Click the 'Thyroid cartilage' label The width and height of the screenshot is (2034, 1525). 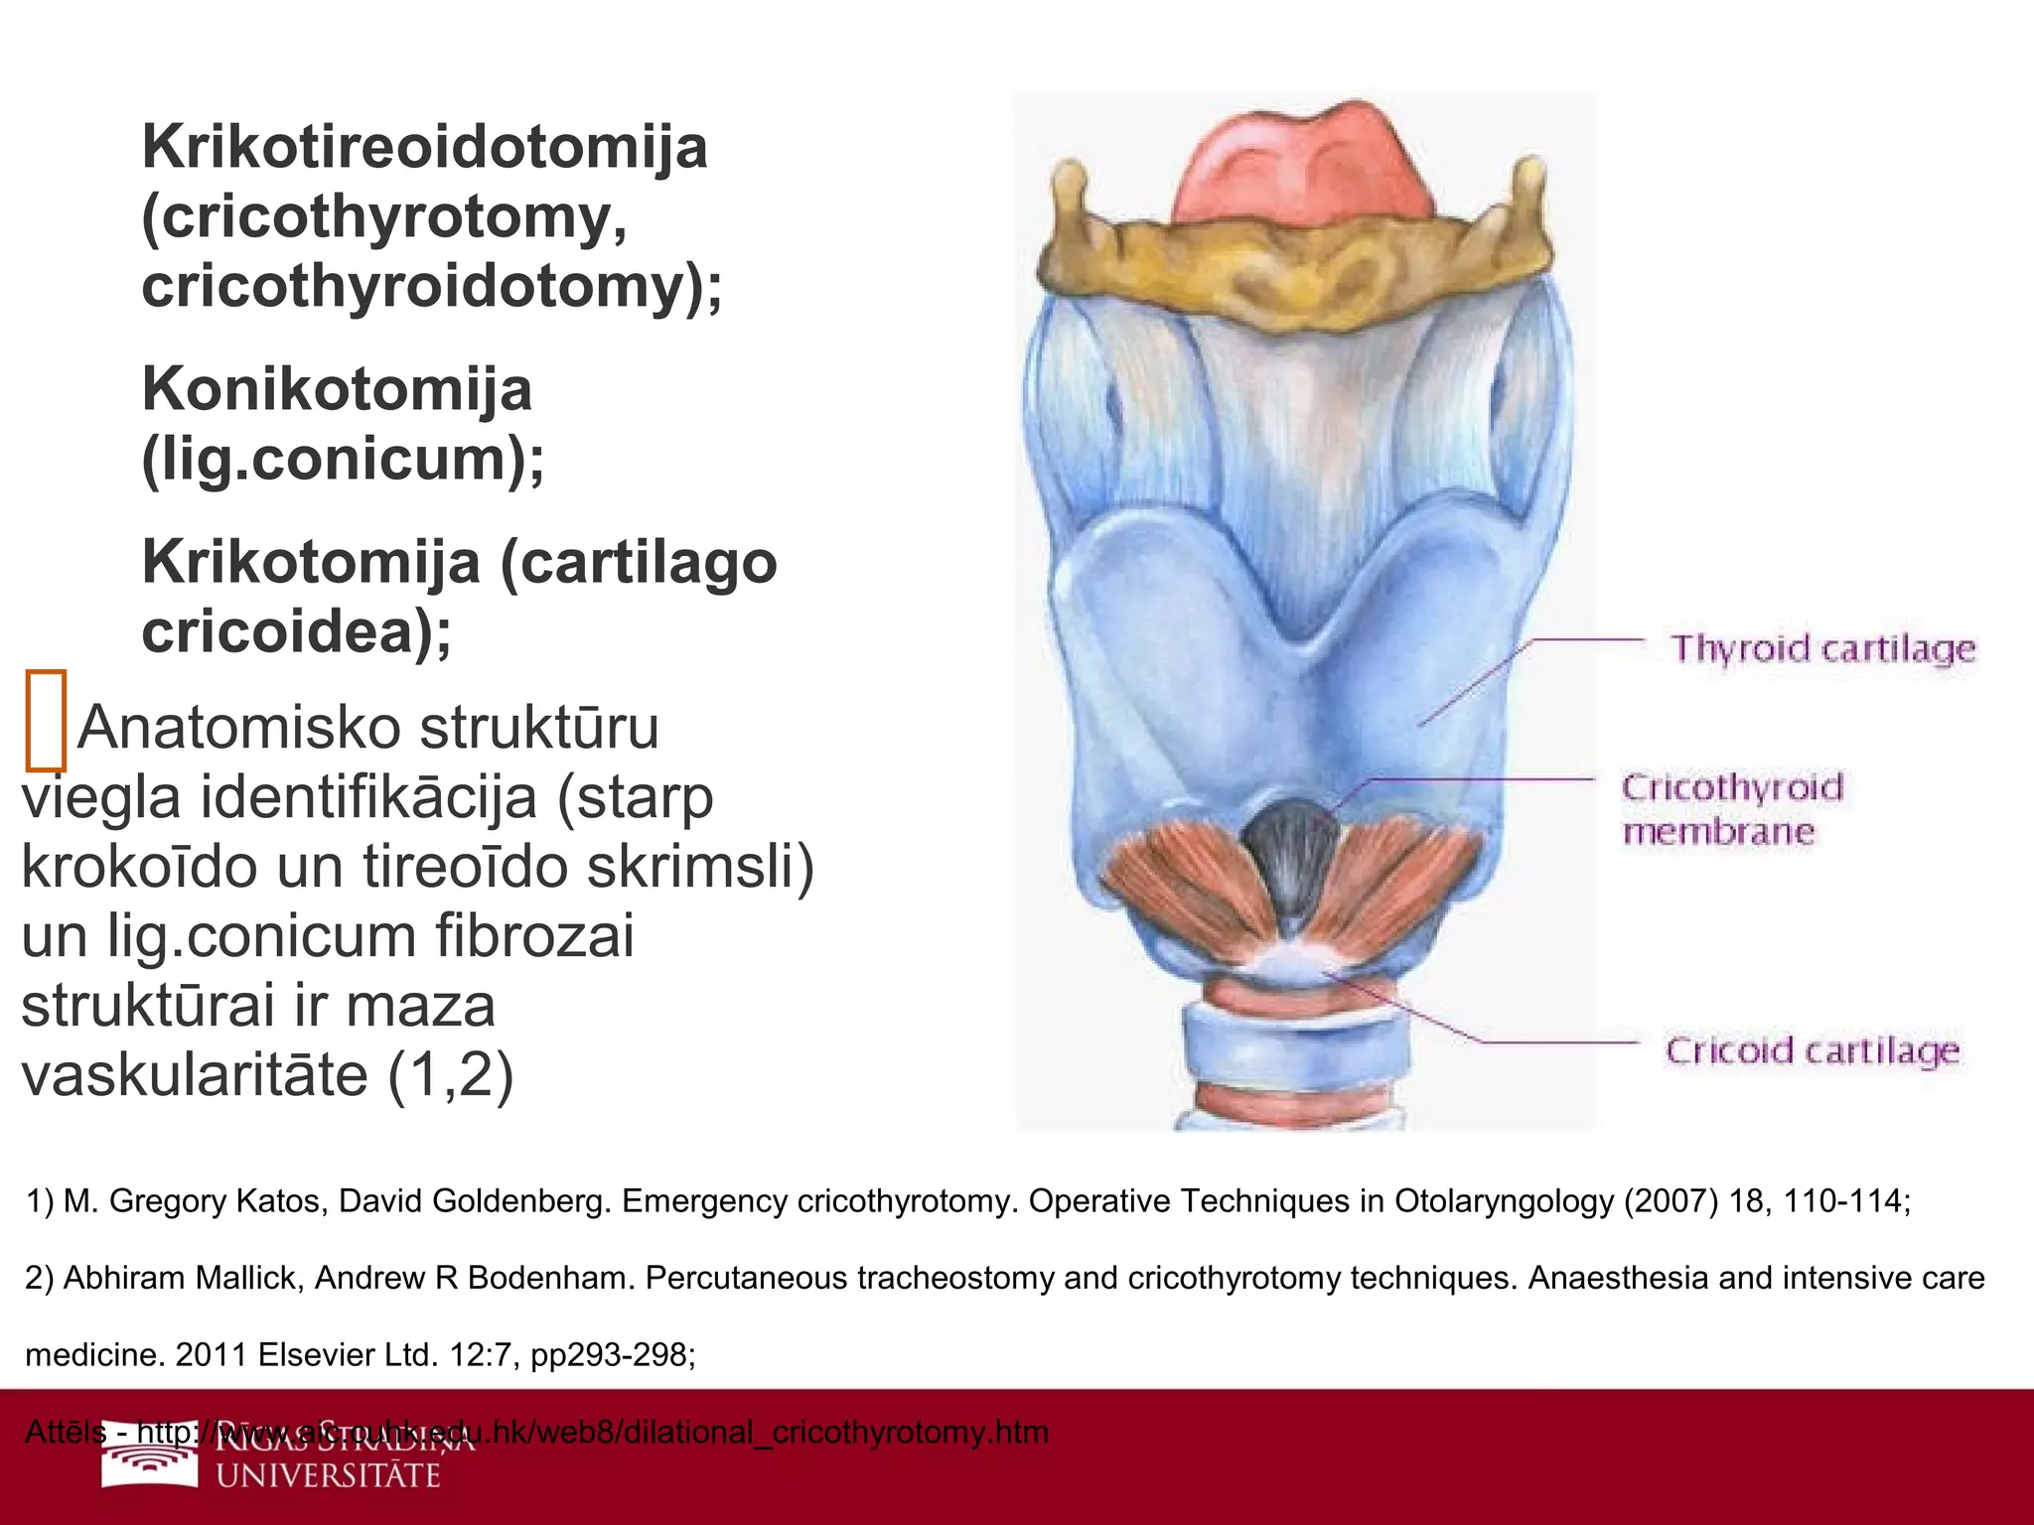(1823, 648)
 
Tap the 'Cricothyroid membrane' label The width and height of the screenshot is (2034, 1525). (1732, 809)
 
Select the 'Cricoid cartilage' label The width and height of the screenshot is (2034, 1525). (1813, 1050)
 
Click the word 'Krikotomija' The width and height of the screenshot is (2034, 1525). (311, 562)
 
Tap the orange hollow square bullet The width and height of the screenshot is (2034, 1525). (46, 721)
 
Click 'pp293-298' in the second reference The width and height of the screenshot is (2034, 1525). (613, 1354)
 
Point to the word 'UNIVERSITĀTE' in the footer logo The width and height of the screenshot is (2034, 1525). (328, 1475)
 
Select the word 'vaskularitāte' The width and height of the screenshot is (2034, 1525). (196, 1074)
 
